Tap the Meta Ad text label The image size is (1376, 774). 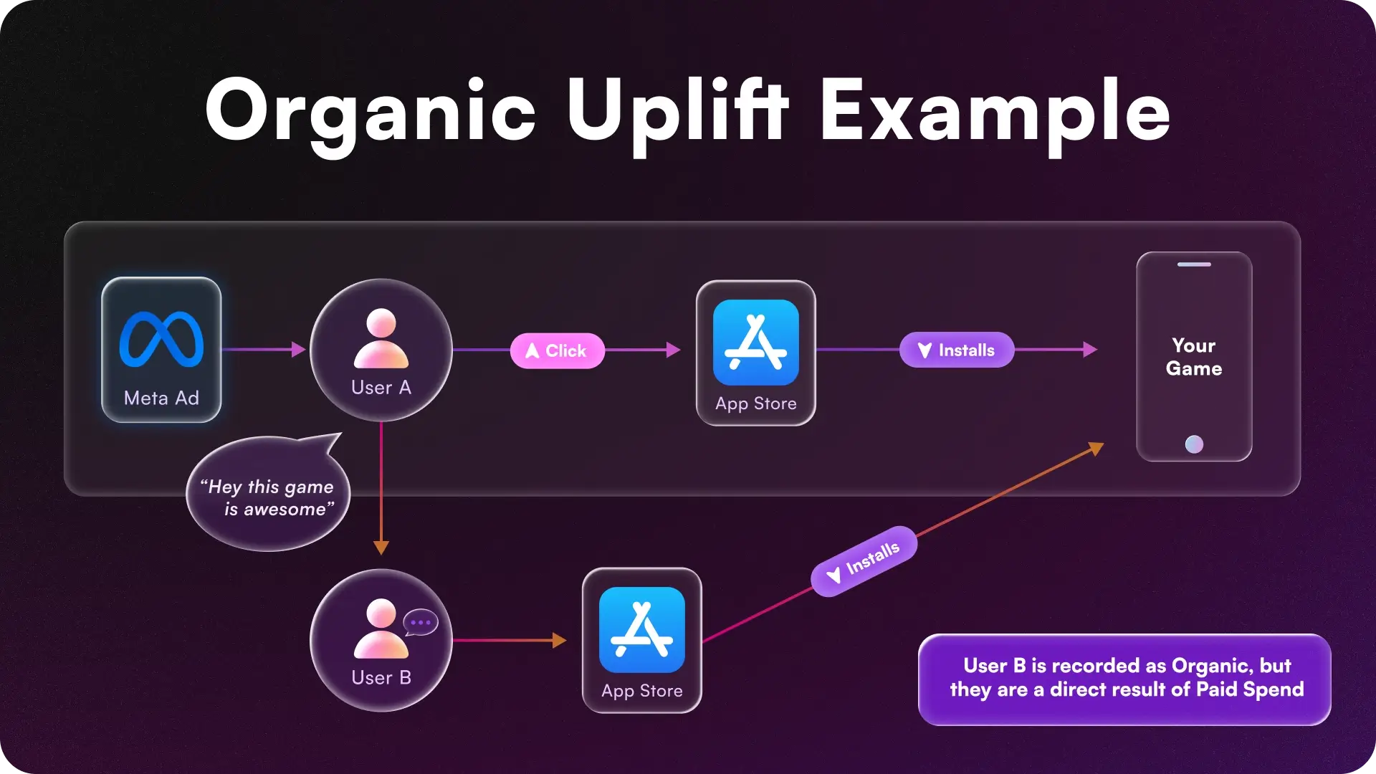coord(161,398)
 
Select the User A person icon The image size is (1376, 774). coord(381,338)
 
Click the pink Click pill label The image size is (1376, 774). coord(558,350)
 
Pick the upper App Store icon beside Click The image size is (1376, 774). coord(755,343)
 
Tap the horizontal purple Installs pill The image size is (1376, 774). coord(957,350)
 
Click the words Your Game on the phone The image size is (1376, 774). coord(1194,357)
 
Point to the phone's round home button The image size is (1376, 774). coord(1194,444)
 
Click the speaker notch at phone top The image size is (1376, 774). coord(1194,264)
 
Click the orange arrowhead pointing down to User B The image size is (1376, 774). coord(381,548)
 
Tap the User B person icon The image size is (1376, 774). coord(381,629)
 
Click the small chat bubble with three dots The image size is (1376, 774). coord(421,622)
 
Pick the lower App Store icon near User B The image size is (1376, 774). coord(641,630)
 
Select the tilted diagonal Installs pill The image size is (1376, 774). coord(864,561)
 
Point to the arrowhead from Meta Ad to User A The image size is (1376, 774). coord(299,350)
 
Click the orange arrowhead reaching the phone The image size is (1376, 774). coord(1096,449)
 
